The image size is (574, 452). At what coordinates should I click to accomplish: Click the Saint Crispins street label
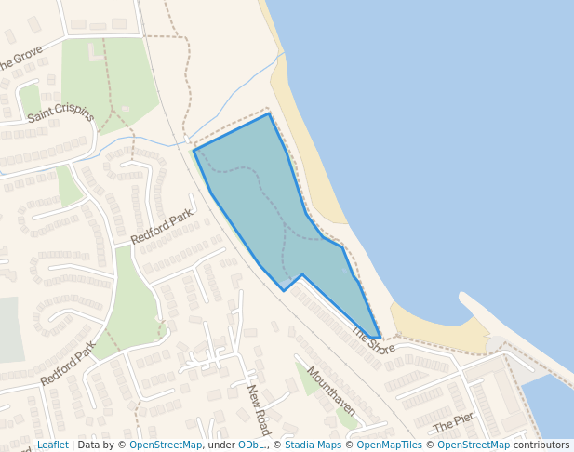(x=61, y=113)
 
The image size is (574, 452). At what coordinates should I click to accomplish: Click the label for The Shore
(x=374, y=340)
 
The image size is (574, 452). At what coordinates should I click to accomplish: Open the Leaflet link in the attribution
(x=52, y=445)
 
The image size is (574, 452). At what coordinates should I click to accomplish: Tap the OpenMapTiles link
(x=390, y=445)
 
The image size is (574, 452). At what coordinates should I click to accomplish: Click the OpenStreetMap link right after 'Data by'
(x=166, y=445)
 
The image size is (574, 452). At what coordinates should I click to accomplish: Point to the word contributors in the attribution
(x=541, y=445)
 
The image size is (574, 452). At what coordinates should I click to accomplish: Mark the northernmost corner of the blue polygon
(x=270, y=113)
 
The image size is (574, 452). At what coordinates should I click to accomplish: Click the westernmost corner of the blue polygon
(x=194, y=150)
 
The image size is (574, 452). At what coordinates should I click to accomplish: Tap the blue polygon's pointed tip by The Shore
(x=378, y=337)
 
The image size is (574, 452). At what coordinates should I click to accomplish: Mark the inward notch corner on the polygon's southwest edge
(x=302, y=274)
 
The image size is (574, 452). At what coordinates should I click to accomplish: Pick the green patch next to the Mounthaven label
(x=307, y=377)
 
